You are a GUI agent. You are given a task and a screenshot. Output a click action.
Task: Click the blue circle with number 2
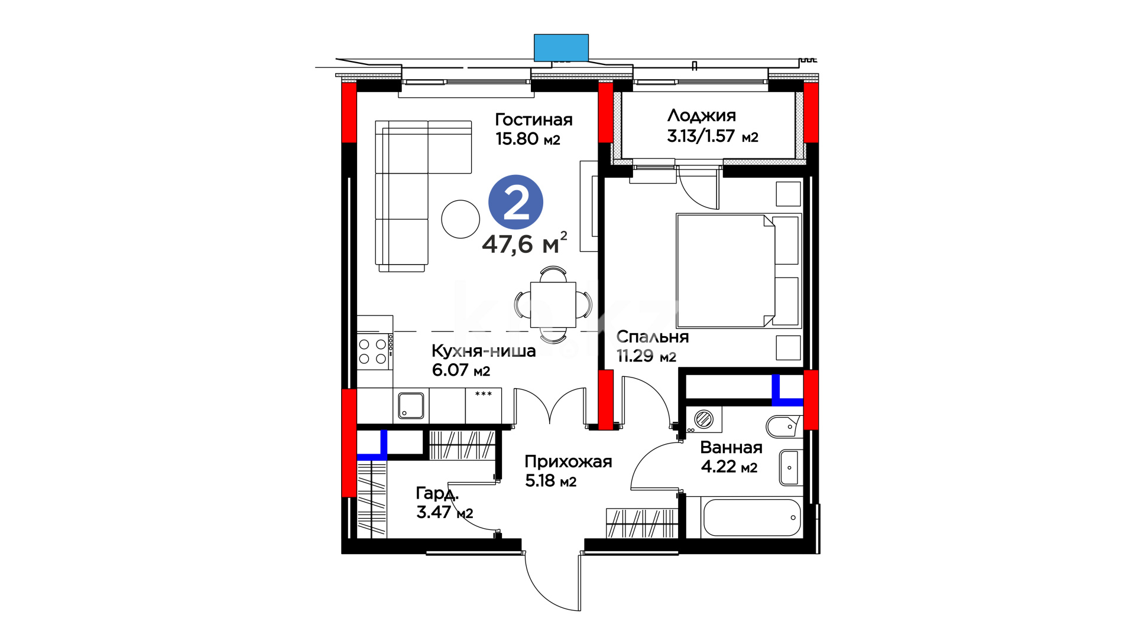515,202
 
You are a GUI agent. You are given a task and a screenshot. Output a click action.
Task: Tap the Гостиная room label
534,120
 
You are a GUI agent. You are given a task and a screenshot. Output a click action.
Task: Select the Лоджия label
702,116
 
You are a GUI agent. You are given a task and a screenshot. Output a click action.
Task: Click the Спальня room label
653,337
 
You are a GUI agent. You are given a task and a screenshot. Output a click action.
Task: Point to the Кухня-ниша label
484,351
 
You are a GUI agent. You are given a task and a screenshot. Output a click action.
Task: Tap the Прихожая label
568,462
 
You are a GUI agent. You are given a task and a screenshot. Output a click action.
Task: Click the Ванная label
731,448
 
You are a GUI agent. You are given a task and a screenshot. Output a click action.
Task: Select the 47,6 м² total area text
524,243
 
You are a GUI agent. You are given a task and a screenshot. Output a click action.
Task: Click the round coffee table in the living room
461,219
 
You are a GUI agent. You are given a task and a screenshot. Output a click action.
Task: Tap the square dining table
553,305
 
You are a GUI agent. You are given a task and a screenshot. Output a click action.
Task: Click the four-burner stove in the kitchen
373,351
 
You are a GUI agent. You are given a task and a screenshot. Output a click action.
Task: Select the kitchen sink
411,405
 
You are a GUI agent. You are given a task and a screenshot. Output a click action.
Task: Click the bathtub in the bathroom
751,517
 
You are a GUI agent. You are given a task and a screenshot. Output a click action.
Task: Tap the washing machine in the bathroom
703,419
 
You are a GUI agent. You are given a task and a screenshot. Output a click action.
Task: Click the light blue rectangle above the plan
561,48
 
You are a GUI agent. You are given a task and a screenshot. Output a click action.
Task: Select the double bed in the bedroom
738,271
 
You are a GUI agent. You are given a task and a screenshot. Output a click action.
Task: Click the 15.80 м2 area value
528,139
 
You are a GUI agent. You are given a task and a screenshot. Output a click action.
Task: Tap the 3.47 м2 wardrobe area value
445,512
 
